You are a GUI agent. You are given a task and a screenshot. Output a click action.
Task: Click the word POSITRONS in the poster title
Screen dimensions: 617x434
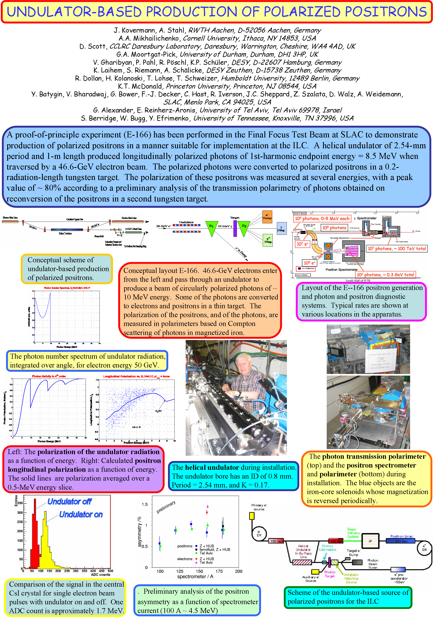tap(386, 12)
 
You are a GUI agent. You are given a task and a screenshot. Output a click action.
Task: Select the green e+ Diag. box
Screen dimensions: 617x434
tap(268, 240)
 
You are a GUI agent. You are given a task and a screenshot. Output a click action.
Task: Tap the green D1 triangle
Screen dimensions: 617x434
tap(211, 227)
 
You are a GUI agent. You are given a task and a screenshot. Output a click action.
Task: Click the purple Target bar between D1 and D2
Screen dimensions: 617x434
tap(235, 228)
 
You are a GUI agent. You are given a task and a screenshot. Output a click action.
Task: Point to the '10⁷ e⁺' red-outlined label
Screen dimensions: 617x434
tap(303, 244)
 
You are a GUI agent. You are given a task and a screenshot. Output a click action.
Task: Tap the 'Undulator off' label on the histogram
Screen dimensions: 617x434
tap(69, 502)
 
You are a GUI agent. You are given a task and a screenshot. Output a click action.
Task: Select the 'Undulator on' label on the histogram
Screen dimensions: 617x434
tap(81, 514)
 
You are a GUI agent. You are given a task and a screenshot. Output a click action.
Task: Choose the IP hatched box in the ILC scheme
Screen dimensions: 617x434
tap(370, 541)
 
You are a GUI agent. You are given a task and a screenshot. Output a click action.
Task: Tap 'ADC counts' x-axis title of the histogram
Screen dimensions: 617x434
tap(100, 575)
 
